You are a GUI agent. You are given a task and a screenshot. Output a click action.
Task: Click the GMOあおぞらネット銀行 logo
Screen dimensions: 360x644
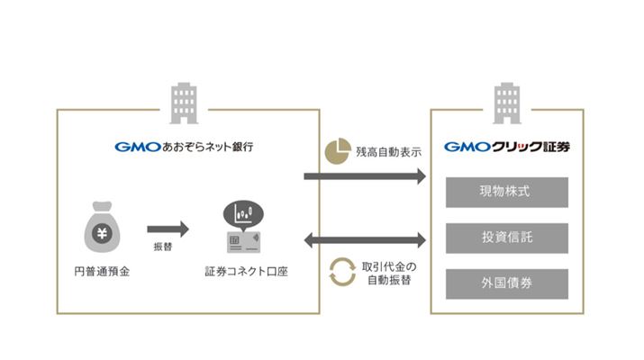coord(184,146)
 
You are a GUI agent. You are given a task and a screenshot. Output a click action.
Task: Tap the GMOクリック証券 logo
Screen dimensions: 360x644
coord(507,146)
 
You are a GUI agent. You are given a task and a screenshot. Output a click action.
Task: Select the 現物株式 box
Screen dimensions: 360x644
coord(507,192)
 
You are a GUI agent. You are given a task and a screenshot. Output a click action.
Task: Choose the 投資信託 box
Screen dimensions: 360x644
coord(507,238)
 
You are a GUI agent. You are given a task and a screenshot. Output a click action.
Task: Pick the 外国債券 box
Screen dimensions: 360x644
coord(507,283)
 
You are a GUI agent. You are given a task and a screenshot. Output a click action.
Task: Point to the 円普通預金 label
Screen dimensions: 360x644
coord(102,270)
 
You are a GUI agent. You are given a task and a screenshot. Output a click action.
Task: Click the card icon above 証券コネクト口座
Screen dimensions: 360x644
coord(241,241)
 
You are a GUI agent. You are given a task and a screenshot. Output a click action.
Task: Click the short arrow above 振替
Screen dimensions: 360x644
coord(168,229)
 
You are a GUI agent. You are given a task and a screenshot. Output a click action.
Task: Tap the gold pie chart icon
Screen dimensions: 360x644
coord(337,150)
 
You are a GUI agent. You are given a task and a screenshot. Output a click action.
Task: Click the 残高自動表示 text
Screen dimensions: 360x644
coord(388,151)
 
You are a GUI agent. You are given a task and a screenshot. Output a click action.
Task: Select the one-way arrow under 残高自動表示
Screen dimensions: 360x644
coord(364,176)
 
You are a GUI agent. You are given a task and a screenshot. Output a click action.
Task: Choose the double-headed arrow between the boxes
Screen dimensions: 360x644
coord(364,239)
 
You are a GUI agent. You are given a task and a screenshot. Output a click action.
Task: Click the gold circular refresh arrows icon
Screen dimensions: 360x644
coord(342,273)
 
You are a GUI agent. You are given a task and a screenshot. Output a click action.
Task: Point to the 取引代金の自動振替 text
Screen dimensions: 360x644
coord(390,274)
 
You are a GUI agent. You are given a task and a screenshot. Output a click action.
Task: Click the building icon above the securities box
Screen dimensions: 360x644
coord(507,103)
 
